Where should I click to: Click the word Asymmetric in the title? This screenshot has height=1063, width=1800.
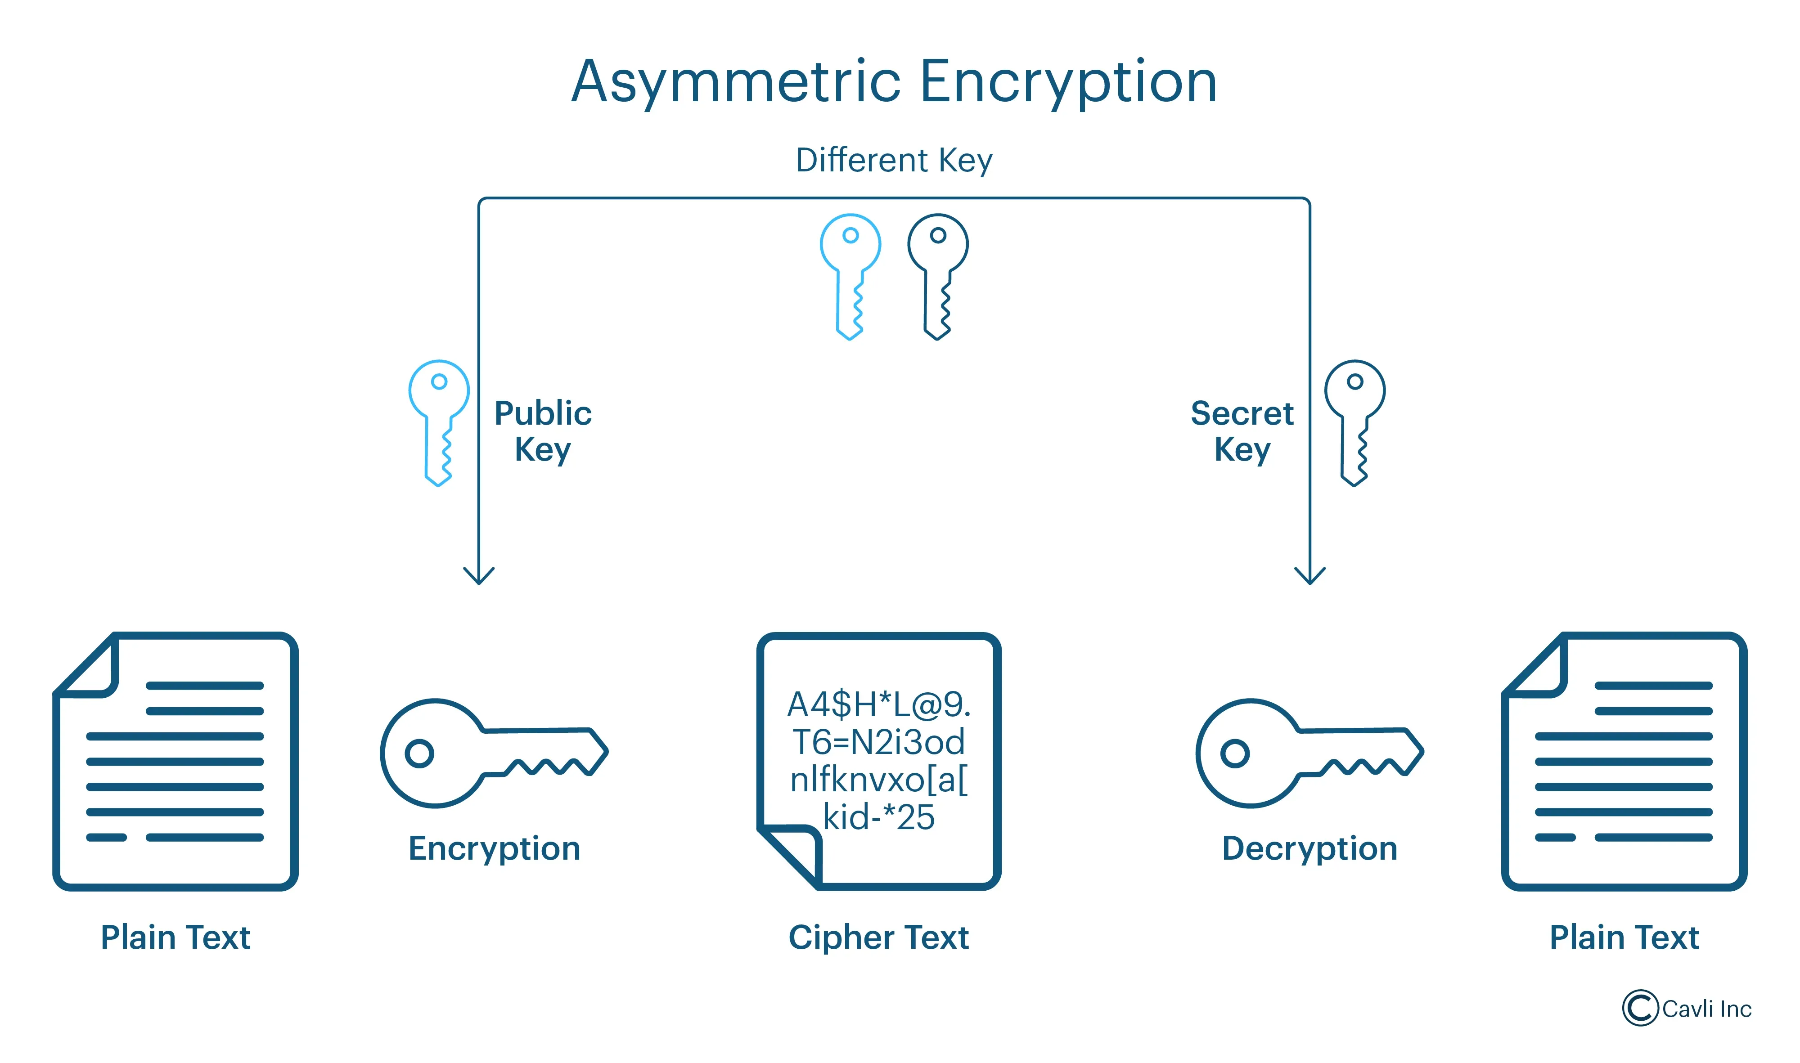coord(736,82)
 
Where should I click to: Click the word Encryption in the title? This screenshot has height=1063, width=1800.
coord(1068,82)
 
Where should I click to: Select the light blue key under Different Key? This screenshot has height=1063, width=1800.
coord(850,276)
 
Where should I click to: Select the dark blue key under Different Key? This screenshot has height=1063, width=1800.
coord(937,276)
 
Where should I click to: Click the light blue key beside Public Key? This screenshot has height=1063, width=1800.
coord(439,422)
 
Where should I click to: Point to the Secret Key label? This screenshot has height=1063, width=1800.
coord(1242,431)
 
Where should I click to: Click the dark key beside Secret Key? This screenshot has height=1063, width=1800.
coord(1354,422)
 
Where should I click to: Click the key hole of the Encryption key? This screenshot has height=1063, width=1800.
coord(419,753)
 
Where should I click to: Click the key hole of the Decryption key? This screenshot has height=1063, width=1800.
coord(1235,753)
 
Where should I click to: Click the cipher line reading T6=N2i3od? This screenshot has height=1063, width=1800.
coord(878,742)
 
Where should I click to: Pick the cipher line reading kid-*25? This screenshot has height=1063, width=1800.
coord(878,817)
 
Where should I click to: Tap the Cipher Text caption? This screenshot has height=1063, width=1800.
coord(878,937)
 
